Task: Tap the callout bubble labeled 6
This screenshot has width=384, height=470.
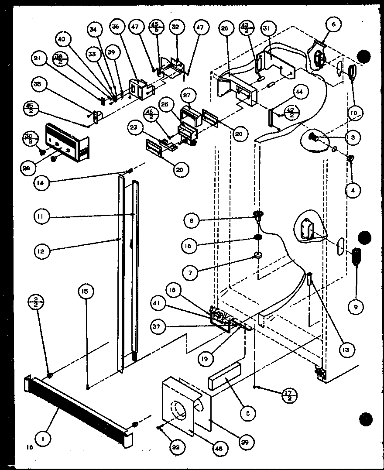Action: (334, 25)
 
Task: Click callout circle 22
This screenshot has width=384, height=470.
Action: (178, 447)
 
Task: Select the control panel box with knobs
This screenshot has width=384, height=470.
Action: (68, 142)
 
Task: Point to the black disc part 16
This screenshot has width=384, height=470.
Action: (257, 237)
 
